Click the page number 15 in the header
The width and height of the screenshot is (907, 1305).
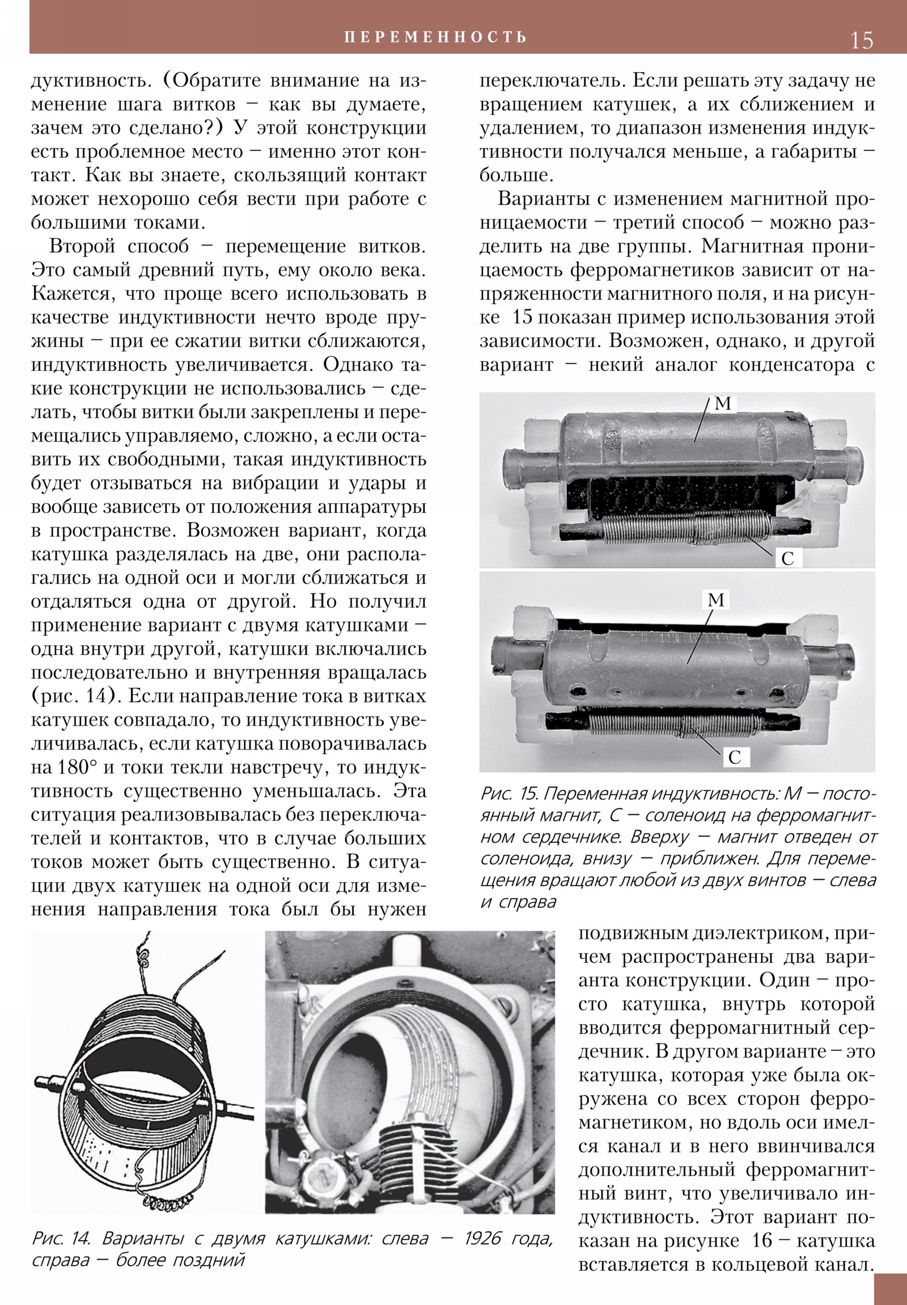(x=861, y=40)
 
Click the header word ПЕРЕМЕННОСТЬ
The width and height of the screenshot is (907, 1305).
(x=435, y=37)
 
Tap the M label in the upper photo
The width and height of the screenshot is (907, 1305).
(x=723, y=404)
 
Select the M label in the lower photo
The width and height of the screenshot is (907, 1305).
(x=717, y=600)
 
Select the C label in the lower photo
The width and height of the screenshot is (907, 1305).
(x=734, y=757)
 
